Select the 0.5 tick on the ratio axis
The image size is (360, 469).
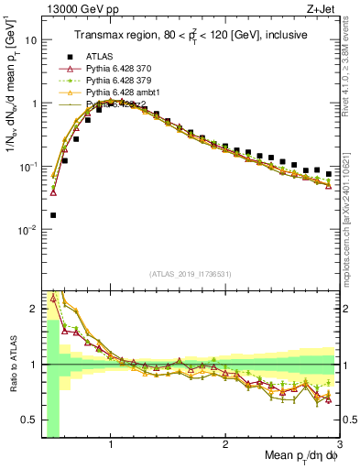(x=27, y=420)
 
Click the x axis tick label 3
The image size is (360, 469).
(x=339, y=445)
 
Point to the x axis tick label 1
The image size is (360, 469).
(x=111, y=445)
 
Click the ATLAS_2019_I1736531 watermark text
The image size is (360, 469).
(x=191, y=274)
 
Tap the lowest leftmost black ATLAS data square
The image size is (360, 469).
(x=53, y=215)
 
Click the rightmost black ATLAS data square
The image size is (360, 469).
(x=329, y=171)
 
